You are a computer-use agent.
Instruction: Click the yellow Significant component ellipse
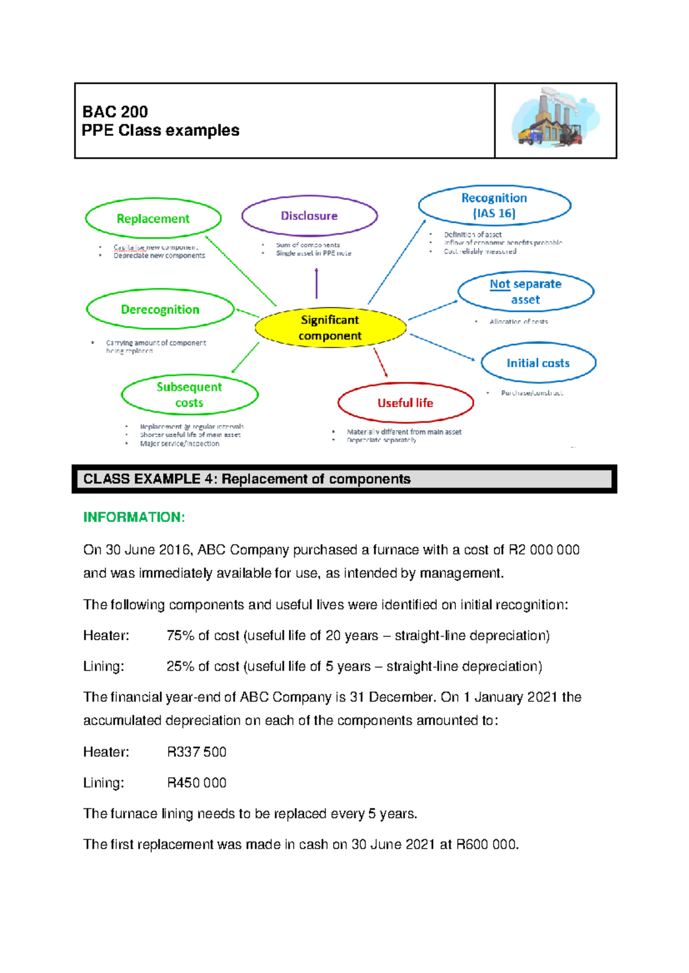(330, 328)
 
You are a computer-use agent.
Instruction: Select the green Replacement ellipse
(153, 219)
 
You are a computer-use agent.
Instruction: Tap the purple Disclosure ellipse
(309, 216)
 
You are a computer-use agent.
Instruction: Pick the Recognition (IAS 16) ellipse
(494, 205)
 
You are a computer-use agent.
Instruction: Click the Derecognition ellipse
(160, 310)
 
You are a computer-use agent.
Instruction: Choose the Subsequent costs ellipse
(189, 395)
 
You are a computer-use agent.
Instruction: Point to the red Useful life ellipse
(405, 403)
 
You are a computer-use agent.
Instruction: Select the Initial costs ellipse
(538, 363)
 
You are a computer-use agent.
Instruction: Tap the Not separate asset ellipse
(525, 291)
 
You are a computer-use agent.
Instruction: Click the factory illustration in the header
(555, 119)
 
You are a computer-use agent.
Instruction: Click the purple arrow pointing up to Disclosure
(316, 283)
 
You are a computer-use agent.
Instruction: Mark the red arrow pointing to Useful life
(381, 363)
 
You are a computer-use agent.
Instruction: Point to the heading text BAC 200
(115, 111)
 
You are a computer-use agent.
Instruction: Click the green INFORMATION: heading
(134, 517)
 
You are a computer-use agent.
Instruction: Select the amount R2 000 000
(544, 550)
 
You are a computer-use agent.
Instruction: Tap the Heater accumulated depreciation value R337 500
(196, 752)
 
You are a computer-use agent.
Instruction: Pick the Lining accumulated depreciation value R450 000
(196, 783)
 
